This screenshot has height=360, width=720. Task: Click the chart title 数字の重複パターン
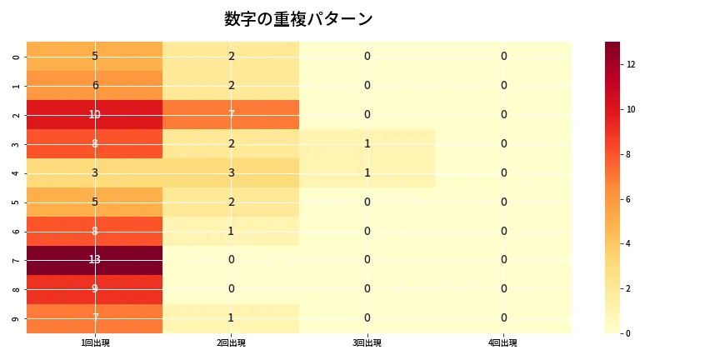pyautogui.click(x=298, y=19)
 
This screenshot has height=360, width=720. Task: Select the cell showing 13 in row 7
pyautogui.click(x=95, y=260)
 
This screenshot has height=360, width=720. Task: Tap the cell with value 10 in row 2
pyautogui.click(x=95, y=114)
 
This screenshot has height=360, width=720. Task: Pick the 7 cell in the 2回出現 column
pyautogui.click(x=231, y=114)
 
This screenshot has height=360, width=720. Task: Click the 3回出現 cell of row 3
pyautogui.click(x=367, y=143)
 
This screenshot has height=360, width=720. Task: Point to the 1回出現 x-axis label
pyautogui.click(x=95, y=343)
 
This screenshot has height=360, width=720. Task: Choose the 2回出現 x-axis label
pyautogui.click(x=231, y=343)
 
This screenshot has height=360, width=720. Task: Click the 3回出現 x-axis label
pyautogui.click(x=367, y=343)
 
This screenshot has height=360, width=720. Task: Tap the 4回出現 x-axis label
pyautogui.click(x=503, y=343)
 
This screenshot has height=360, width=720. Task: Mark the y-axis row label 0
pyautogui.click(x=17, y=57)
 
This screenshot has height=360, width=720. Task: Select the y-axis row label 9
pyautogui.click(x=17, y=318)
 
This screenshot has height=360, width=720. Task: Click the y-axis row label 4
pyautogui.click(x=17, y=172)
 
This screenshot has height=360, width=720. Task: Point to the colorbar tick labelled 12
pyautogui.click(x=632, y=64)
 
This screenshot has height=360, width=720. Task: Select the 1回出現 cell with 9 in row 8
pyautogui.click(x=95, y=289)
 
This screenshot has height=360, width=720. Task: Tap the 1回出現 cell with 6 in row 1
pyautogui.click(x=95, y=85)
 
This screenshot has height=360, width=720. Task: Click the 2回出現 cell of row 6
pyautogui.click(x=231, y=231)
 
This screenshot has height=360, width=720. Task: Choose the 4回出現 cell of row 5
pyautogui.click(x=503, y=202)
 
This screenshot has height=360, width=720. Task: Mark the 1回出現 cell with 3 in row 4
pyautogui.click(x=95, y=172)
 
